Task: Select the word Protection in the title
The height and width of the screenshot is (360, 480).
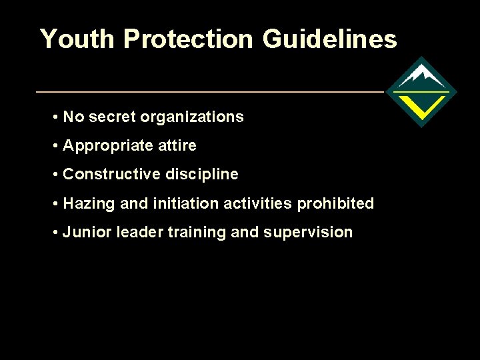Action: click(x=189, y=39)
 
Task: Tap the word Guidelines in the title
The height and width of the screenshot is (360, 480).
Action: click(x=329, y=39)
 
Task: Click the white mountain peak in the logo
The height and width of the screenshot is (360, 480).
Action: click(x=421, y=75)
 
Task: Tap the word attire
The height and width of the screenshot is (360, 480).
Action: click(x=177, y=146)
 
